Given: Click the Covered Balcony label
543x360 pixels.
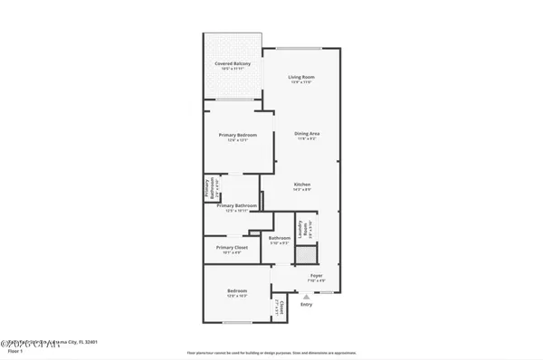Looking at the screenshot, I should tap(233, 63).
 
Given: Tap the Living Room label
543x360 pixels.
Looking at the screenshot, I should tap(300, 76).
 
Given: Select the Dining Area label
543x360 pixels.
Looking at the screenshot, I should tap(307, 134).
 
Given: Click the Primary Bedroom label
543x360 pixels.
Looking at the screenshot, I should tap(238, 135).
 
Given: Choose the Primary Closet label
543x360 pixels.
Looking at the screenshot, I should tap(232, 247).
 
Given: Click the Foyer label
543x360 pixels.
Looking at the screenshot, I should tap(317, 275).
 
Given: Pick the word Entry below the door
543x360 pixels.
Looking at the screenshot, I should tap(306, 304).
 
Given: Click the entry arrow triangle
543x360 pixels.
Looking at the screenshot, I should tap(306, 295).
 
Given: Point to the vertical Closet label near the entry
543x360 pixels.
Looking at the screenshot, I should tap(281, 308).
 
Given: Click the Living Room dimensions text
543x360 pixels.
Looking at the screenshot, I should tap(300, 82).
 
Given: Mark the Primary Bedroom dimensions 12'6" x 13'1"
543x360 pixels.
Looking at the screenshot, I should tap(238, 140).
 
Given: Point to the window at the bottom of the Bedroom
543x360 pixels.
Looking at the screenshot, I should tap(237, 323).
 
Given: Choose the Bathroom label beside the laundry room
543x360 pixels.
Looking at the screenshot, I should tap(279, 238).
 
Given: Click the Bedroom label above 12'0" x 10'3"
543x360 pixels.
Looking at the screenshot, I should tap(237, 291).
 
